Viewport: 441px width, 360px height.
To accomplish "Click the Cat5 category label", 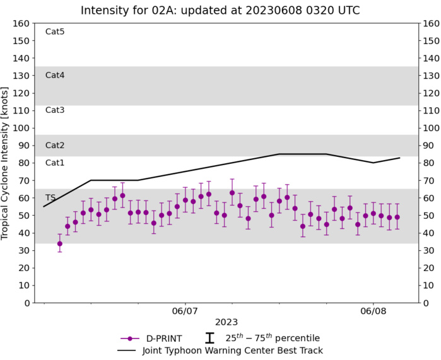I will tap(55, 32).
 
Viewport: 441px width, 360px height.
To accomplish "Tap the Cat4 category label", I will tap(55, 75).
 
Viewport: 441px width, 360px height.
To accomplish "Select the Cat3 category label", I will tap(55, 110).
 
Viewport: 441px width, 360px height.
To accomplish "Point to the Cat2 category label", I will tap(55, 145).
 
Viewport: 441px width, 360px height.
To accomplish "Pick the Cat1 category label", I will tap(55, 163).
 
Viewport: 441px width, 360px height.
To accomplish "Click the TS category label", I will tap(50, 197).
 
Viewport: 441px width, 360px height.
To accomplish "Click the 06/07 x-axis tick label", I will tap(185, 311).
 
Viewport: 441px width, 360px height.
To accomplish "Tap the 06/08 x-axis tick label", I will tap(373, 311).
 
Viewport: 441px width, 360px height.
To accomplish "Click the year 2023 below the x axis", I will tap(226, 322).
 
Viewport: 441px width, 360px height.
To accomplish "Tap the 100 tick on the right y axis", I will tap(431, 128).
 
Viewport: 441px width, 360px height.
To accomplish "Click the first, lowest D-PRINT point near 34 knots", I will tap(60, 243).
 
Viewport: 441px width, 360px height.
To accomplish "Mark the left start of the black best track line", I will tap(44, 206).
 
